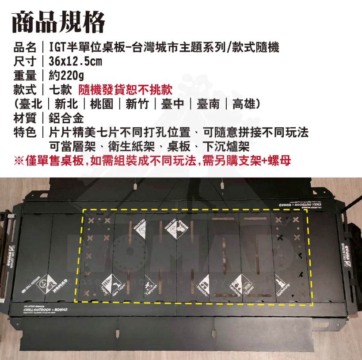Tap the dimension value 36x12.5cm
coord(76,61)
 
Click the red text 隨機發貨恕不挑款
coord(125,90)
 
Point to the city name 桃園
coord(101,104)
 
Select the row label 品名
coord(25,47)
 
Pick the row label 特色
coord(25,133)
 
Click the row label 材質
coord(25,118)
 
